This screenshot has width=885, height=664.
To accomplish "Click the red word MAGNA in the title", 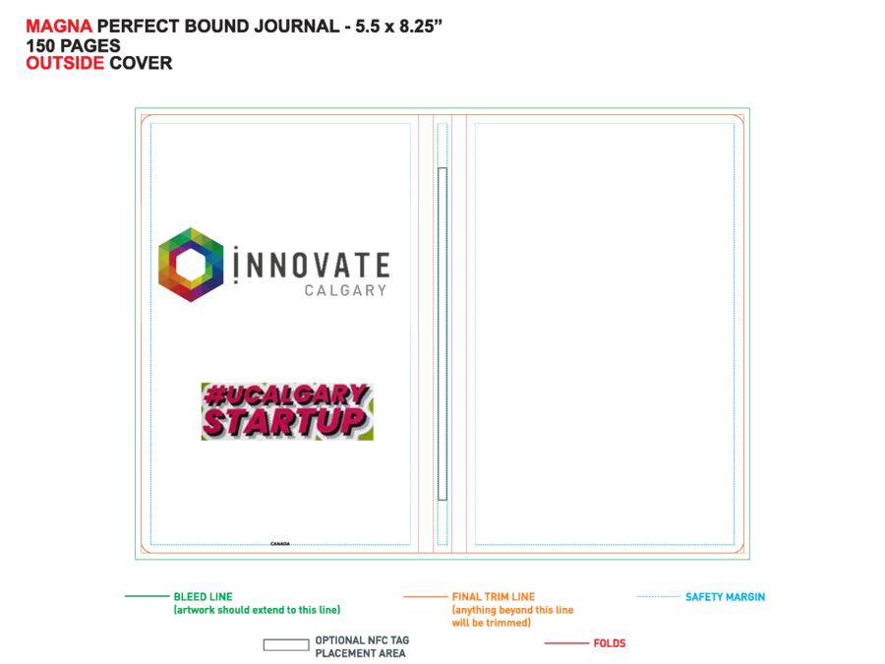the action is (x=59, y=26).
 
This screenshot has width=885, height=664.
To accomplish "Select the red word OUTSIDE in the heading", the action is (x=65, y=63).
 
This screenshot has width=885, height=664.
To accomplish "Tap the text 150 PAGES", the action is (x=73, y=45).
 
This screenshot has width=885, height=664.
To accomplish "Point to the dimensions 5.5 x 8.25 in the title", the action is (x=398, y=26).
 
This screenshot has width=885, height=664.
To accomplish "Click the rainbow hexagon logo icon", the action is (x=192, y=265).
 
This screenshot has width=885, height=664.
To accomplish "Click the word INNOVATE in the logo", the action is (x=312, y=265).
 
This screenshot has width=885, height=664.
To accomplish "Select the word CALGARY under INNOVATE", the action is (x=345, y=290).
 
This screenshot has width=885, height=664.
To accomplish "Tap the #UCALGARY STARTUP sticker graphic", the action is (x=287, y=411).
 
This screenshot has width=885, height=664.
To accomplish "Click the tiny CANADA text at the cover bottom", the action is (x=280, y=544).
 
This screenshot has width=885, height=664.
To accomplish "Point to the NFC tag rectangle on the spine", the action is (x=442, y=333).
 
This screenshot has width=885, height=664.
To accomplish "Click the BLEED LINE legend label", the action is (x=204, y=597).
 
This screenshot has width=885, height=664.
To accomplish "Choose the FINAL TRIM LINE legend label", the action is (x=494, y=597).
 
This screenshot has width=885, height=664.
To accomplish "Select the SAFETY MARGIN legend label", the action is (x=726, y=597).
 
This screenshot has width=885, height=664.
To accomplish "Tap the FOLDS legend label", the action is (x=610, y=643).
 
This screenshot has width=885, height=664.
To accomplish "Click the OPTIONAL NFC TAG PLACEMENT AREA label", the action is (x=362, y=646).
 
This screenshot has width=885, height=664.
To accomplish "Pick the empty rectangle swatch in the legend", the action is (x=286, y=644).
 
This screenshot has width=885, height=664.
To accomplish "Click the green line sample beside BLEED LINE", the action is (x=147, y=596).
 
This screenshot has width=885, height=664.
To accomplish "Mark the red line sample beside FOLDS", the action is (x=566, y=643).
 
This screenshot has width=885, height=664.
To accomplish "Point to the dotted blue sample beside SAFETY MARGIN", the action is (x=658, y=596).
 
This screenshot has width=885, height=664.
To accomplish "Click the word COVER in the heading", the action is (x=141, y=63).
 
